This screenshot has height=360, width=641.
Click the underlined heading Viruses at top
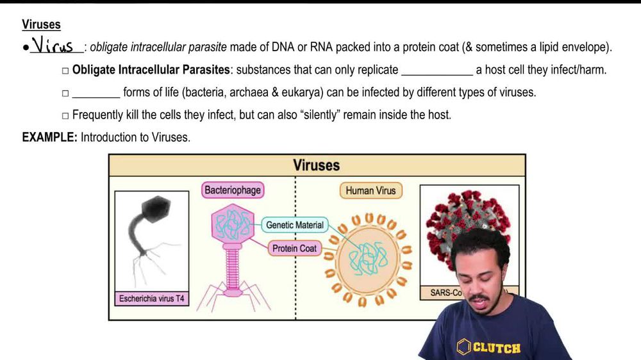(41, 25)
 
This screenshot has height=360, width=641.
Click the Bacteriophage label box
(233, 190)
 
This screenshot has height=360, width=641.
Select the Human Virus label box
(370, 190)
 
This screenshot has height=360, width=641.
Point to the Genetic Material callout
(295, 225)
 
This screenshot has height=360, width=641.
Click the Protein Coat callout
(294, 248)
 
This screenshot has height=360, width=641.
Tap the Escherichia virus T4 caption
(152, 299)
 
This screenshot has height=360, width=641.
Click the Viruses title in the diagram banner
(316, 165)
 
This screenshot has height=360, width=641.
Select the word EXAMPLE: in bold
(49, 137)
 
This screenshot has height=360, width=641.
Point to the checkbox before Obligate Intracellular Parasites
(65, 70)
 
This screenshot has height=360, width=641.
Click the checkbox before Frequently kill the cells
(65, 116)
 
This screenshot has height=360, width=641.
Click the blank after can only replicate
(437, 70)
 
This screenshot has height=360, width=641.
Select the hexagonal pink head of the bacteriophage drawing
(233, 227)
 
